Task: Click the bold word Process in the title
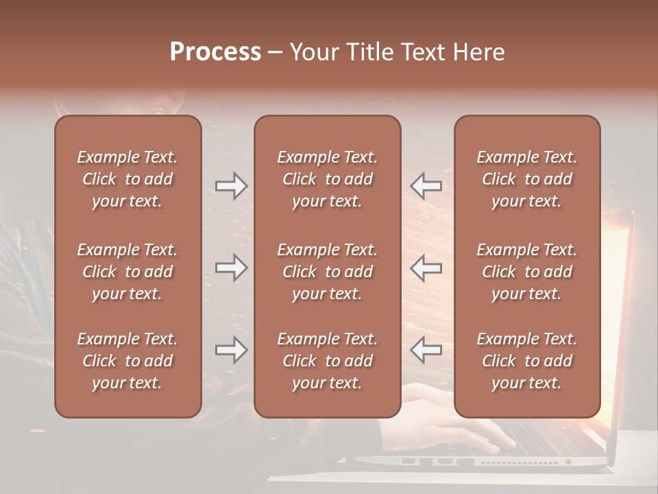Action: (x=215, y=52)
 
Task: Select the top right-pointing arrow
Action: (x=231, y=186)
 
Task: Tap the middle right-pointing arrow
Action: (x=231, y=268)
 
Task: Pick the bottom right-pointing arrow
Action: (x=231, y=351)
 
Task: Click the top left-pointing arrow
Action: (x=426, y=186)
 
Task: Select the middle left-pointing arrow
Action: (x=426, y=268)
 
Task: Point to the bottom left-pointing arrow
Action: (x=426, y=351)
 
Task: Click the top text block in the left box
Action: (x=127, y=179)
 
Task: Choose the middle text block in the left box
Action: (x=127, y=272)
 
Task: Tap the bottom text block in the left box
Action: (x=127, y=361)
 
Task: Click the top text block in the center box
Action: (x=327, y=179)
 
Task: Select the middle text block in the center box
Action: (x=327, y=272)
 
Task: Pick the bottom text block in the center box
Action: (x=327, y=361)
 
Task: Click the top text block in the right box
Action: (x=526, y=179)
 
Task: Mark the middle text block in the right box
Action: (x=526, y=272)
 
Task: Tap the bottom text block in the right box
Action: (x=526, y=361)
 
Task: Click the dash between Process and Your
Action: (x=275, y=53)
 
